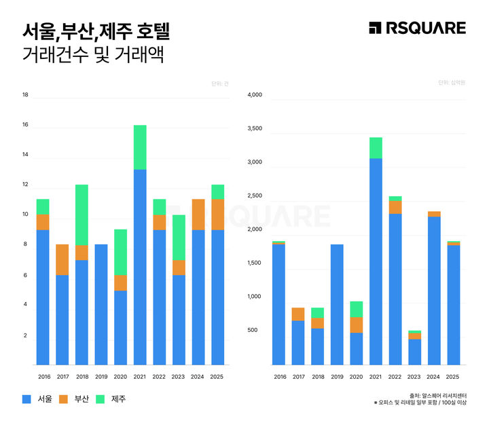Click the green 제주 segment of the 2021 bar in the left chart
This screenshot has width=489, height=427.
[140, 147]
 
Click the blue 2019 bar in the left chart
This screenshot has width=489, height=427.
[101, 304]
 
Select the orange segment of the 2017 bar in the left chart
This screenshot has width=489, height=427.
[62, 259]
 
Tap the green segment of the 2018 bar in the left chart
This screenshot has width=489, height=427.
[81, 215]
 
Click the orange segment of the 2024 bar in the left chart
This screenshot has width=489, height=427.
[198, 215]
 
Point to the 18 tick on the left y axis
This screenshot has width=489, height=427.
[25, 95]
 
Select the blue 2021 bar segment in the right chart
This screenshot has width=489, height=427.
[376, 261]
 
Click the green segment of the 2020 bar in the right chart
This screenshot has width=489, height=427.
[356, 309]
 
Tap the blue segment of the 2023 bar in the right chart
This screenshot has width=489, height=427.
[414, 352]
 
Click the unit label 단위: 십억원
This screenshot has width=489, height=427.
[451, 82]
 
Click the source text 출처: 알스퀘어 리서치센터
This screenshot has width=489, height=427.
[437, 394]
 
